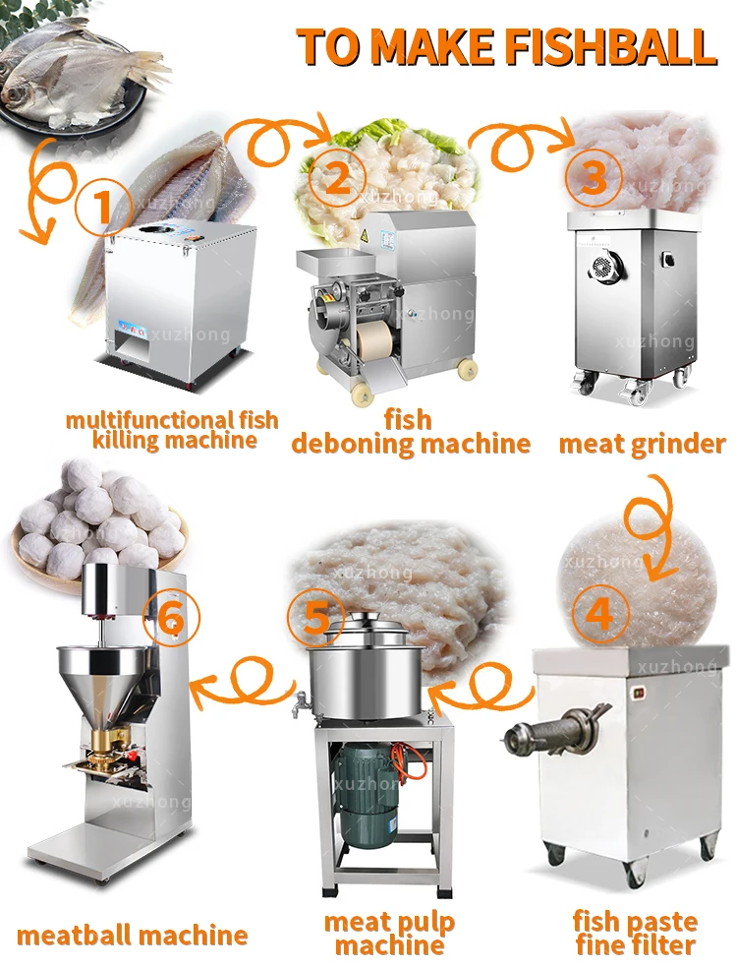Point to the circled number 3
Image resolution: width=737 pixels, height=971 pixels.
[594, 178]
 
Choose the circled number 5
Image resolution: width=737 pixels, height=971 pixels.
[315, 618]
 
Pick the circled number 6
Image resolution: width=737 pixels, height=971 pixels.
[171, 619]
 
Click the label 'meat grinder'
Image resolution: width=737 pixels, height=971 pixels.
[642, 444]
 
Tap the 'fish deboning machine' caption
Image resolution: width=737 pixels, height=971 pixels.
[410, 432]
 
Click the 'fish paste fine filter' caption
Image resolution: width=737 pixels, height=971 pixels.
[635, 934]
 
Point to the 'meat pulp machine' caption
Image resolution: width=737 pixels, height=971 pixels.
[390, 934]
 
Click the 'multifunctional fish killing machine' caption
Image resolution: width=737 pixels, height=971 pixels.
[172, 430]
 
